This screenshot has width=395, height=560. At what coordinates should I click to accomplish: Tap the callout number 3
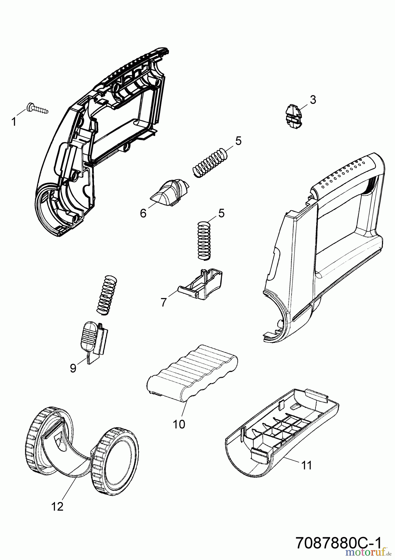pyautogui.click(x=313, y=100)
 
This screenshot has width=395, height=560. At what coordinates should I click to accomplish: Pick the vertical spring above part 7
pyautogui.click(x=204, y=240)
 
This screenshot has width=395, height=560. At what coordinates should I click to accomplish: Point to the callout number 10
pyautogui.click(x=179, y=424)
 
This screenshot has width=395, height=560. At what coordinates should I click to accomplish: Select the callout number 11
pyautogui.click(x=306, y=465)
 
